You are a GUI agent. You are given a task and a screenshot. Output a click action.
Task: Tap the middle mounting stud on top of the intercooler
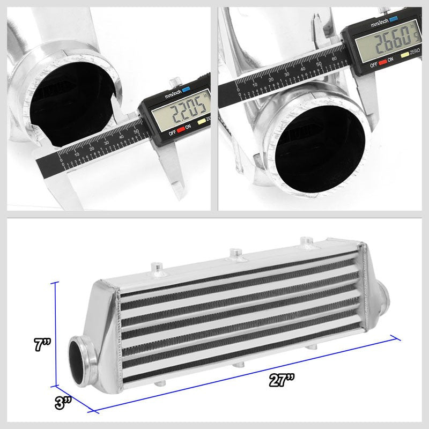(234, 253)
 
